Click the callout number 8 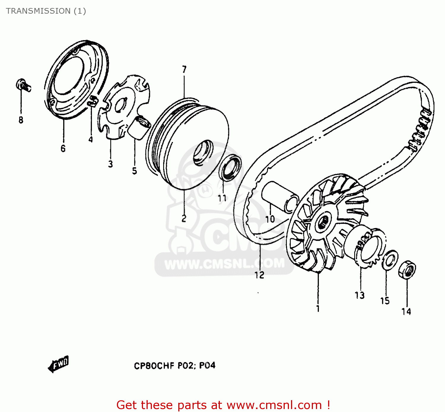point(21,120)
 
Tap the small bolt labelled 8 point(23,85)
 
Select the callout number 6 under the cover point(63,148)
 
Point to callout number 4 point(90,139)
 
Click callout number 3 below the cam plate point(110,164)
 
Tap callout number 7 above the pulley point(184,70)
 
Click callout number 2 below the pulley point(184,218)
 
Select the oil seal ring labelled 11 point(230,168)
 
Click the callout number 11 point(222,198)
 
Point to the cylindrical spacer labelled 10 point(279,197)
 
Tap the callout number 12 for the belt point(259,275)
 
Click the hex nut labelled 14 point(407,270)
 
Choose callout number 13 point(360,295)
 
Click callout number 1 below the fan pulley point(318,309)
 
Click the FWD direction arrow point(58,364)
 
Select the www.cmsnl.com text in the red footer point(274,405)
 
